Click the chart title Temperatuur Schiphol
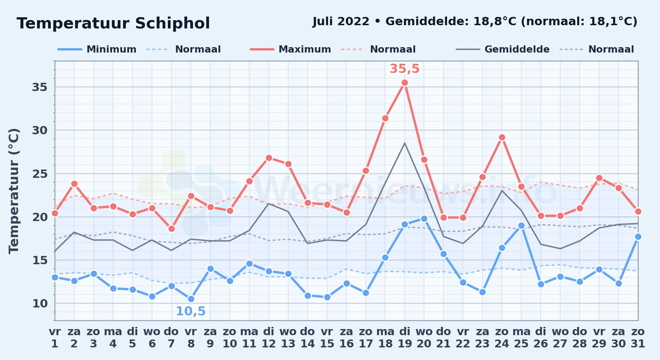[x=113, y=23]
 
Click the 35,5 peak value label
[x=405, y=68]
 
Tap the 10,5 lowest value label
[x=191, y=311]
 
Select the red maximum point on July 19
[x=405, y=82]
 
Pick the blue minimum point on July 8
[x=191, y=299]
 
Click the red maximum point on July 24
[x=502, y=137]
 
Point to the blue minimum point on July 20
[x=424, y=219]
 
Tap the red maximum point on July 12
[x=269, y=158]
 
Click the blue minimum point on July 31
[x=638, y=237]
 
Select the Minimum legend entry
[x=97, y=49]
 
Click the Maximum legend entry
[x=290, y=49]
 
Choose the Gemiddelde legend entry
[x=503, y=49]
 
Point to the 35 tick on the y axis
[x=40, y=87]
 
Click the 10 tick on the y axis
[x=40, y=303]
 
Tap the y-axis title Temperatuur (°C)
[x=14, y=191]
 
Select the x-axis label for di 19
[x=405, y=338]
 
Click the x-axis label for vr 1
[x=55, y=338]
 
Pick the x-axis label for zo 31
[x=638, y=338]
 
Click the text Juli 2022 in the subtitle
[x=341, y=22]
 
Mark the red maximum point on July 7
[x=171, y=229]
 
